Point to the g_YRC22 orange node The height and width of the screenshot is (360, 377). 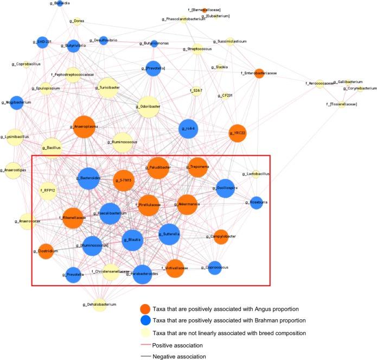(x=238, y=132)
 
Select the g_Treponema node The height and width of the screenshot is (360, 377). (x=197, y=168)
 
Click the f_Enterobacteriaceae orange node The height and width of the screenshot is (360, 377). (x=259, y=73)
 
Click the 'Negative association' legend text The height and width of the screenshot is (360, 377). (x=179, y=356)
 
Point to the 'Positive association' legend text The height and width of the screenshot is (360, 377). (x=178, y=345)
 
